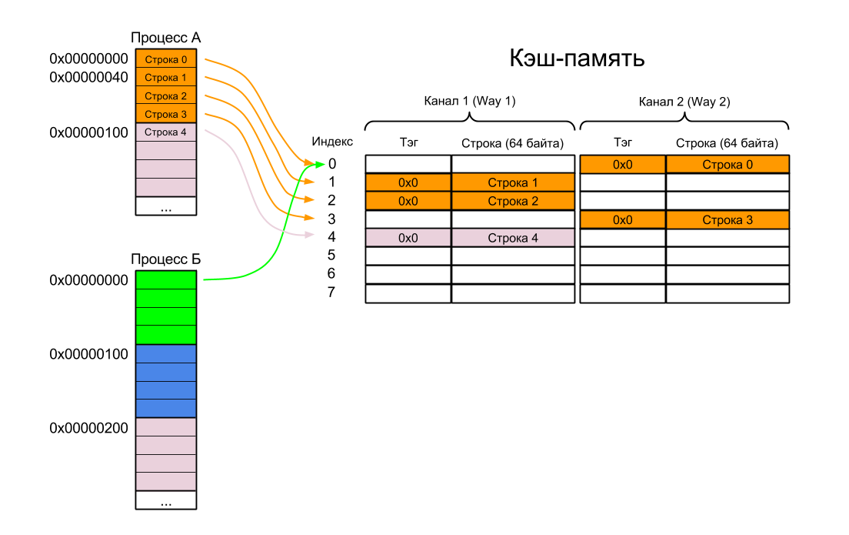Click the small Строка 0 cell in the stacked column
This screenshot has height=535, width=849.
point(166,59)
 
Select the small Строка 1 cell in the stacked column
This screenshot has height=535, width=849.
point(166,78)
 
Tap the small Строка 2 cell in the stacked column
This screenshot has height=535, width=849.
point(166,96)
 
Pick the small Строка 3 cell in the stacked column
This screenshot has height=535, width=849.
point(166,115)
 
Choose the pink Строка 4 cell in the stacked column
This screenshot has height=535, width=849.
point(166,132)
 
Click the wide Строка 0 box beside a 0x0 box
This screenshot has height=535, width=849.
point(727,164)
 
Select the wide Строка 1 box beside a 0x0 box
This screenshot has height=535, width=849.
point(513,182)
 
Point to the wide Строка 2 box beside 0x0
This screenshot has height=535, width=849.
point(513,201)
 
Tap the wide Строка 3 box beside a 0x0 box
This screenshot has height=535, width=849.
point(727,219)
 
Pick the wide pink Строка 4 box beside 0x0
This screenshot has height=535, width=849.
point(513,238)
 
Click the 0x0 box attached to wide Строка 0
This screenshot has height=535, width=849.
point(622,164)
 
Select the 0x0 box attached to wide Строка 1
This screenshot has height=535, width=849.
point(408,182)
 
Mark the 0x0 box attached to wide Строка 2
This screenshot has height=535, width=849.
point(408,201)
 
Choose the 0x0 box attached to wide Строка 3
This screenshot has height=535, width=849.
point(622,219)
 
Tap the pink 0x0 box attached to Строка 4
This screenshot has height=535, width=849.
point(408,238)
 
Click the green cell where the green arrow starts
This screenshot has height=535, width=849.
point(166,280)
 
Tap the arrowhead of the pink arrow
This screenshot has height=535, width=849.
point(311,235)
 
